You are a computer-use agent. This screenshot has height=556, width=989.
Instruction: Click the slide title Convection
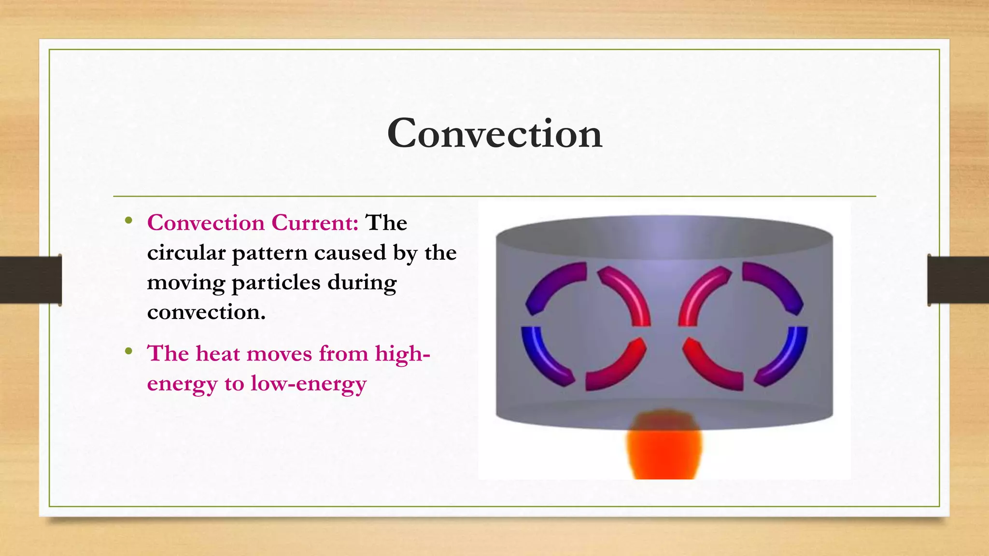click(494, 133)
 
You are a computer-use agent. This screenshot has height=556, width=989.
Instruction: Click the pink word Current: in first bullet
click(315, 223)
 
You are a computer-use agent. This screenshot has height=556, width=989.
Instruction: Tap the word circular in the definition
click(186, 253)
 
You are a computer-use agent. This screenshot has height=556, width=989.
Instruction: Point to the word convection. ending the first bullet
click(206, 312)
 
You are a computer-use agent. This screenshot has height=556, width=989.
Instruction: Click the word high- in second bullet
click(402, 353)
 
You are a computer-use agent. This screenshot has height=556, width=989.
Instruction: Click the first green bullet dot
click(128, 221)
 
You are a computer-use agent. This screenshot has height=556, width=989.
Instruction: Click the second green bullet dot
click(128, 351)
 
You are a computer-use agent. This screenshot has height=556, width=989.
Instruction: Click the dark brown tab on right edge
click(958, 280)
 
